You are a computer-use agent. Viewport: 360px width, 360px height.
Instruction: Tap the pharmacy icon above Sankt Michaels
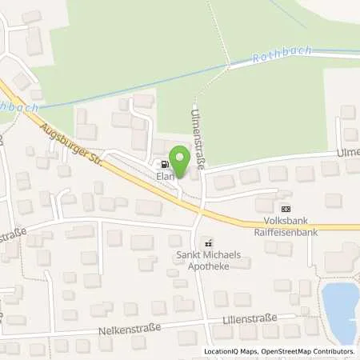pos(209,243)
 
